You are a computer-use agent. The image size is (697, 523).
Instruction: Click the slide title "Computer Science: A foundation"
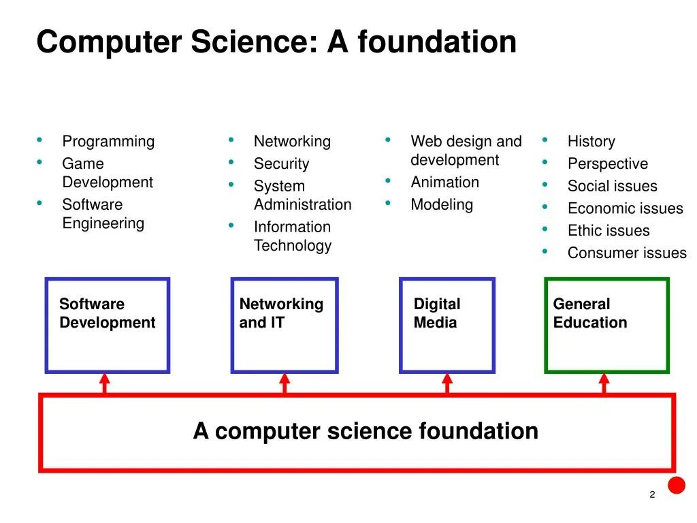(276, 42)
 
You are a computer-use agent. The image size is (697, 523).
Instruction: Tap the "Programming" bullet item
(108, 142)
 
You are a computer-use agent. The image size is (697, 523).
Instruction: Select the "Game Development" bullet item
(108, 173)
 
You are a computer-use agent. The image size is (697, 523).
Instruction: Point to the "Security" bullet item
(281, 164)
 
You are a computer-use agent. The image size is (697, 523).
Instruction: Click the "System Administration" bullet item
(302, 195)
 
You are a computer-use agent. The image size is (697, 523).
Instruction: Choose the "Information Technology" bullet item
(293, 236)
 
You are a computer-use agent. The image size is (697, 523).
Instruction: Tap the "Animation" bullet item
(444, 183)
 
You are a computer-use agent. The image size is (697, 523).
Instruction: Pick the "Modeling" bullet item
(442, 205)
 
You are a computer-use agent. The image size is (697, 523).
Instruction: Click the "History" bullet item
(591, 142)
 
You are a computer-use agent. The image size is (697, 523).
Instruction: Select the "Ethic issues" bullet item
(609, 231)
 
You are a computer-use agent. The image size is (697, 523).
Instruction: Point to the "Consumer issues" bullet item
(627, 253)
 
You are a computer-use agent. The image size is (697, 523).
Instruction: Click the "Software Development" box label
(107, 313)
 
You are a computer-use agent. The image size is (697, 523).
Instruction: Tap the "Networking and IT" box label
(280, 313)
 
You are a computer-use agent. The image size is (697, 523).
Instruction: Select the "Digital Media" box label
(436, 313)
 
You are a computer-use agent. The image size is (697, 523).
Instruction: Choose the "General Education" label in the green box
(589, 313)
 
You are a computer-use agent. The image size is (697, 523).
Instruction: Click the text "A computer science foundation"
(366, 431)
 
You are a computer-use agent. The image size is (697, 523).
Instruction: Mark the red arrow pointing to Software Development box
(104, 383)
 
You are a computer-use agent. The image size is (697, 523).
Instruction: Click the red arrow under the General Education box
(604, 383)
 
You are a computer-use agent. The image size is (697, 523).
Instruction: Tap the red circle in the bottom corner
(676, 485)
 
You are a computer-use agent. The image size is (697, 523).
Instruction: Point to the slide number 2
(652, 495)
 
